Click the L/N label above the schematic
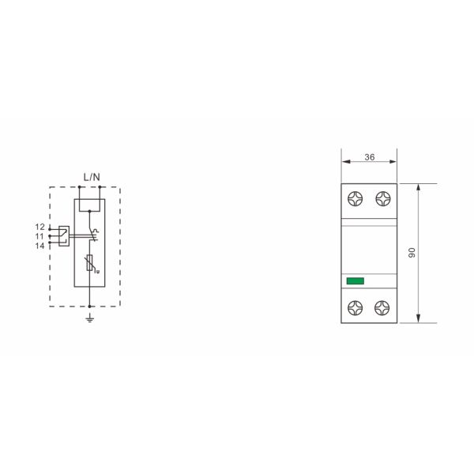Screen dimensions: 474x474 92,176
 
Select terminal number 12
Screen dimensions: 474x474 39,227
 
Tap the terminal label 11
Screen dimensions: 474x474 39,235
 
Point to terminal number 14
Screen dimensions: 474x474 39,245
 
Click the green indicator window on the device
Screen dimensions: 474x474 355,280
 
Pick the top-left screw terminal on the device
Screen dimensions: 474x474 355,199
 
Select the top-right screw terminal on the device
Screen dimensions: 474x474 383,199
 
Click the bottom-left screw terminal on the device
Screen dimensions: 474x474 355,307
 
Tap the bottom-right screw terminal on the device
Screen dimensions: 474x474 383,307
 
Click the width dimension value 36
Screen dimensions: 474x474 369,156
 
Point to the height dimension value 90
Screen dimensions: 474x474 412,253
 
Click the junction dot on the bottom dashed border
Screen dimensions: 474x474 90,307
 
